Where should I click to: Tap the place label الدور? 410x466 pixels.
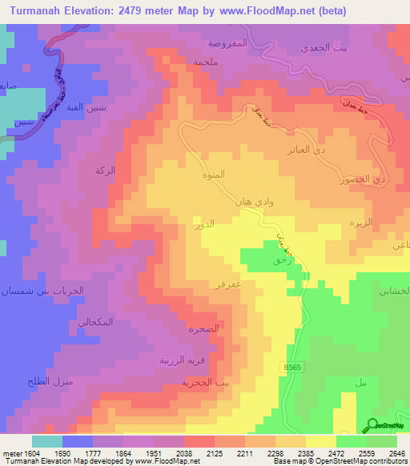coord(205,226)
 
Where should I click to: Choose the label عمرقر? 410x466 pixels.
coord(229,284)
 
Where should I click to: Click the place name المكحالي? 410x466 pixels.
coord(94,322)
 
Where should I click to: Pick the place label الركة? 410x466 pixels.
coord(105,171)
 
